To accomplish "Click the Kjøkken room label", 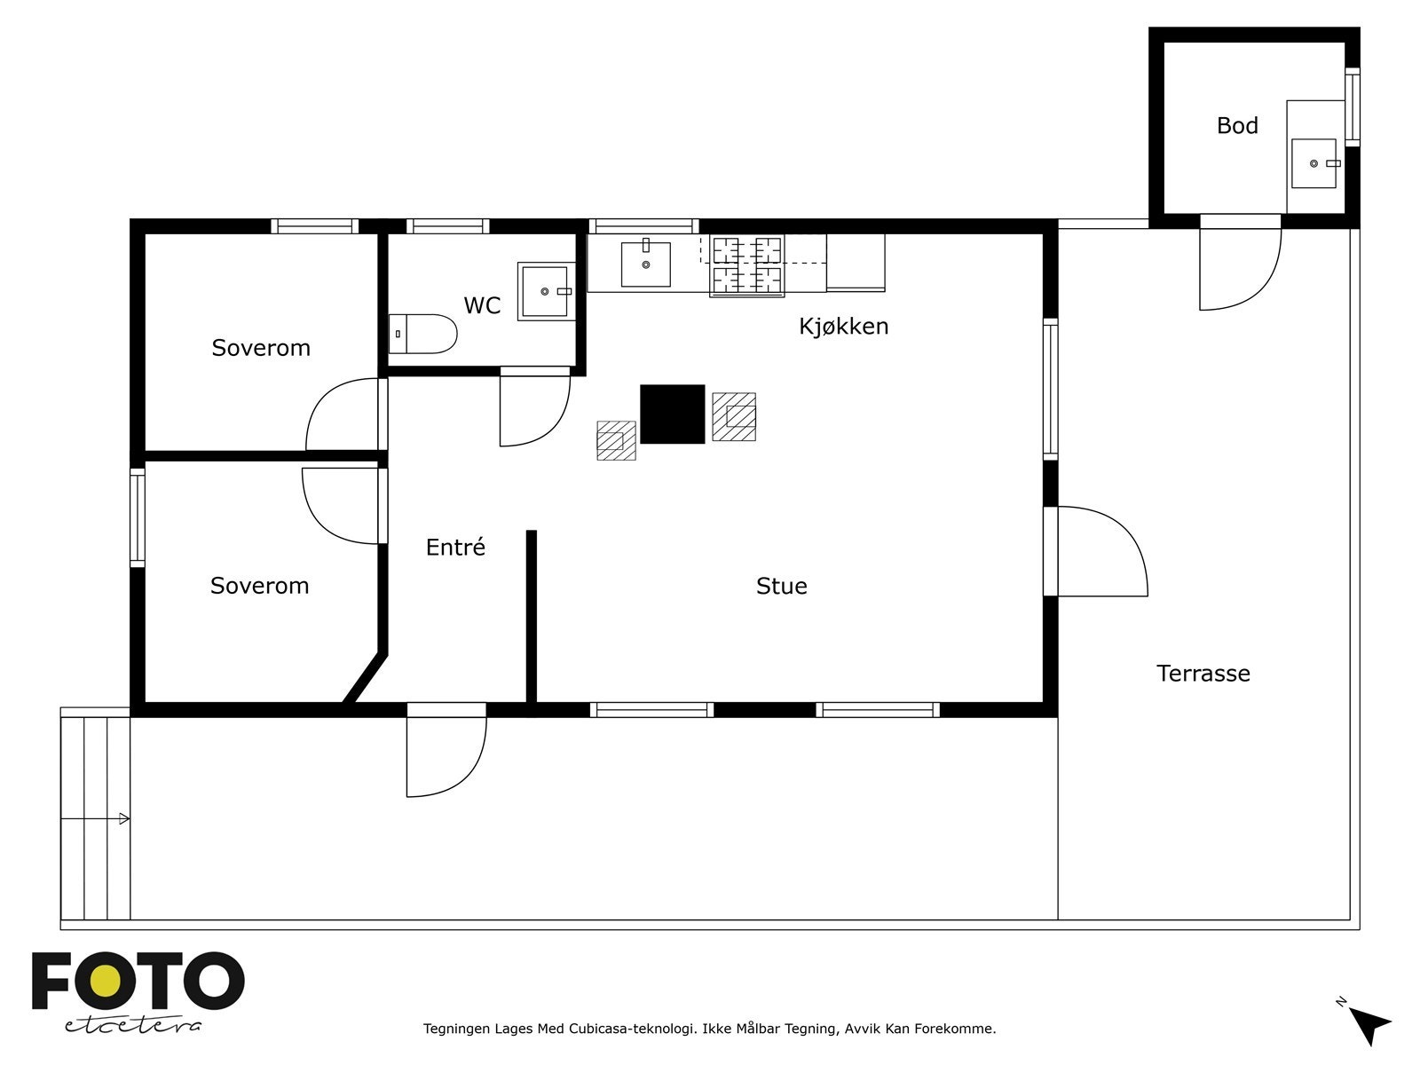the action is pos(843,327).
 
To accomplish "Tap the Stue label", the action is pos(782,586).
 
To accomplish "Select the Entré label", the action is pos(455,547).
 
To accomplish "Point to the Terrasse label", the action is pos(1203,674).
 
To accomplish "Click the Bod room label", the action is pos(1237,125).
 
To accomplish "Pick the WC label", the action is pos(483,305).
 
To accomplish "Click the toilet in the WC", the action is pos(422,334).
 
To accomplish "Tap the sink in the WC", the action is pos(545,291).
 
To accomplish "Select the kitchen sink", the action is pos(645,263).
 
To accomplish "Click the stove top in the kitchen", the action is pos(747,265).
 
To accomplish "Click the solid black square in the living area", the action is pos(672,414).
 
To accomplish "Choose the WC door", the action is pos(535,407).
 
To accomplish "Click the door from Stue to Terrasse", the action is pos(1097,551).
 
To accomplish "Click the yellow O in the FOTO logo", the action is pos(106,981).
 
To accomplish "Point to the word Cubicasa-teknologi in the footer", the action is pos(631,1029).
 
